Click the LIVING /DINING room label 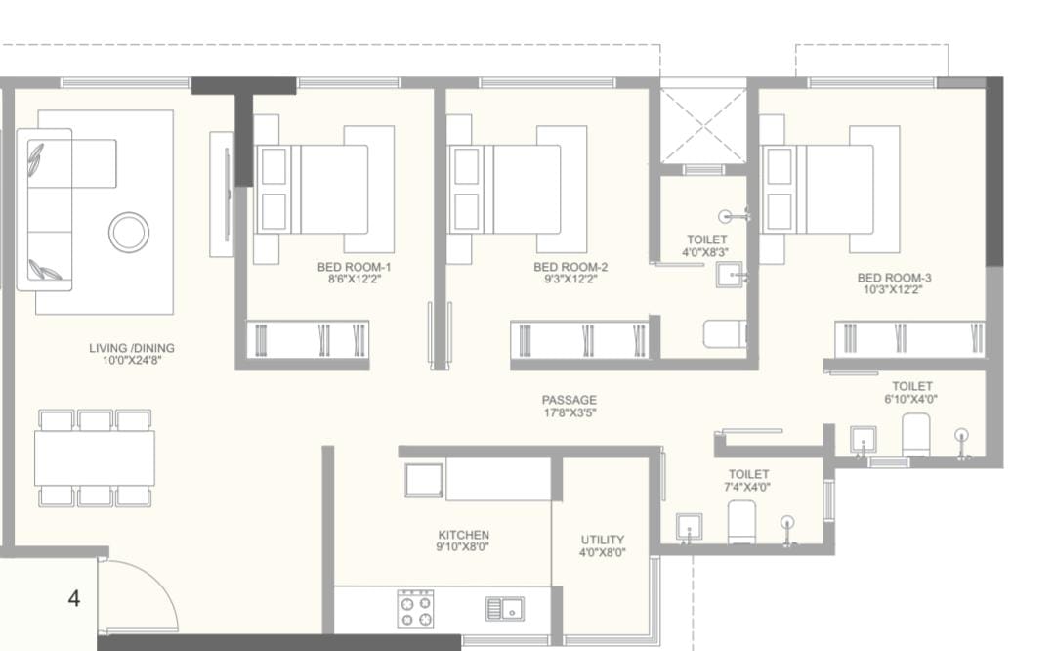coord(132,348)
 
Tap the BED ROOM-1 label coord(354,267)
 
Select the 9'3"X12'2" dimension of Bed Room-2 coord(570,279)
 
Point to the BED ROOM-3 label coord(894,278)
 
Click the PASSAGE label coord(570,400)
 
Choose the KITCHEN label coord(464,536)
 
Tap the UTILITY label coord(602,540)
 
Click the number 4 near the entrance coord(74,598)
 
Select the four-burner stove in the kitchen coord(415,609)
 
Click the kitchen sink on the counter coord(505,609)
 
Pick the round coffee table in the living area coord(129,233)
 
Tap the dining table coord(95,457)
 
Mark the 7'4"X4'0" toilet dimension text coord(747,487)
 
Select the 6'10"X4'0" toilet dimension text coord(911,399)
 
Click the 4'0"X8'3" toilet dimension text coord(705,252)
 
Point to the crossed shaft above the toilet coord(703,126)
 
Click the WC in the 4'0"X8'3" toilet coord(725,334)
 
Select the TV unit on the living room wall coord(222,194)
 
